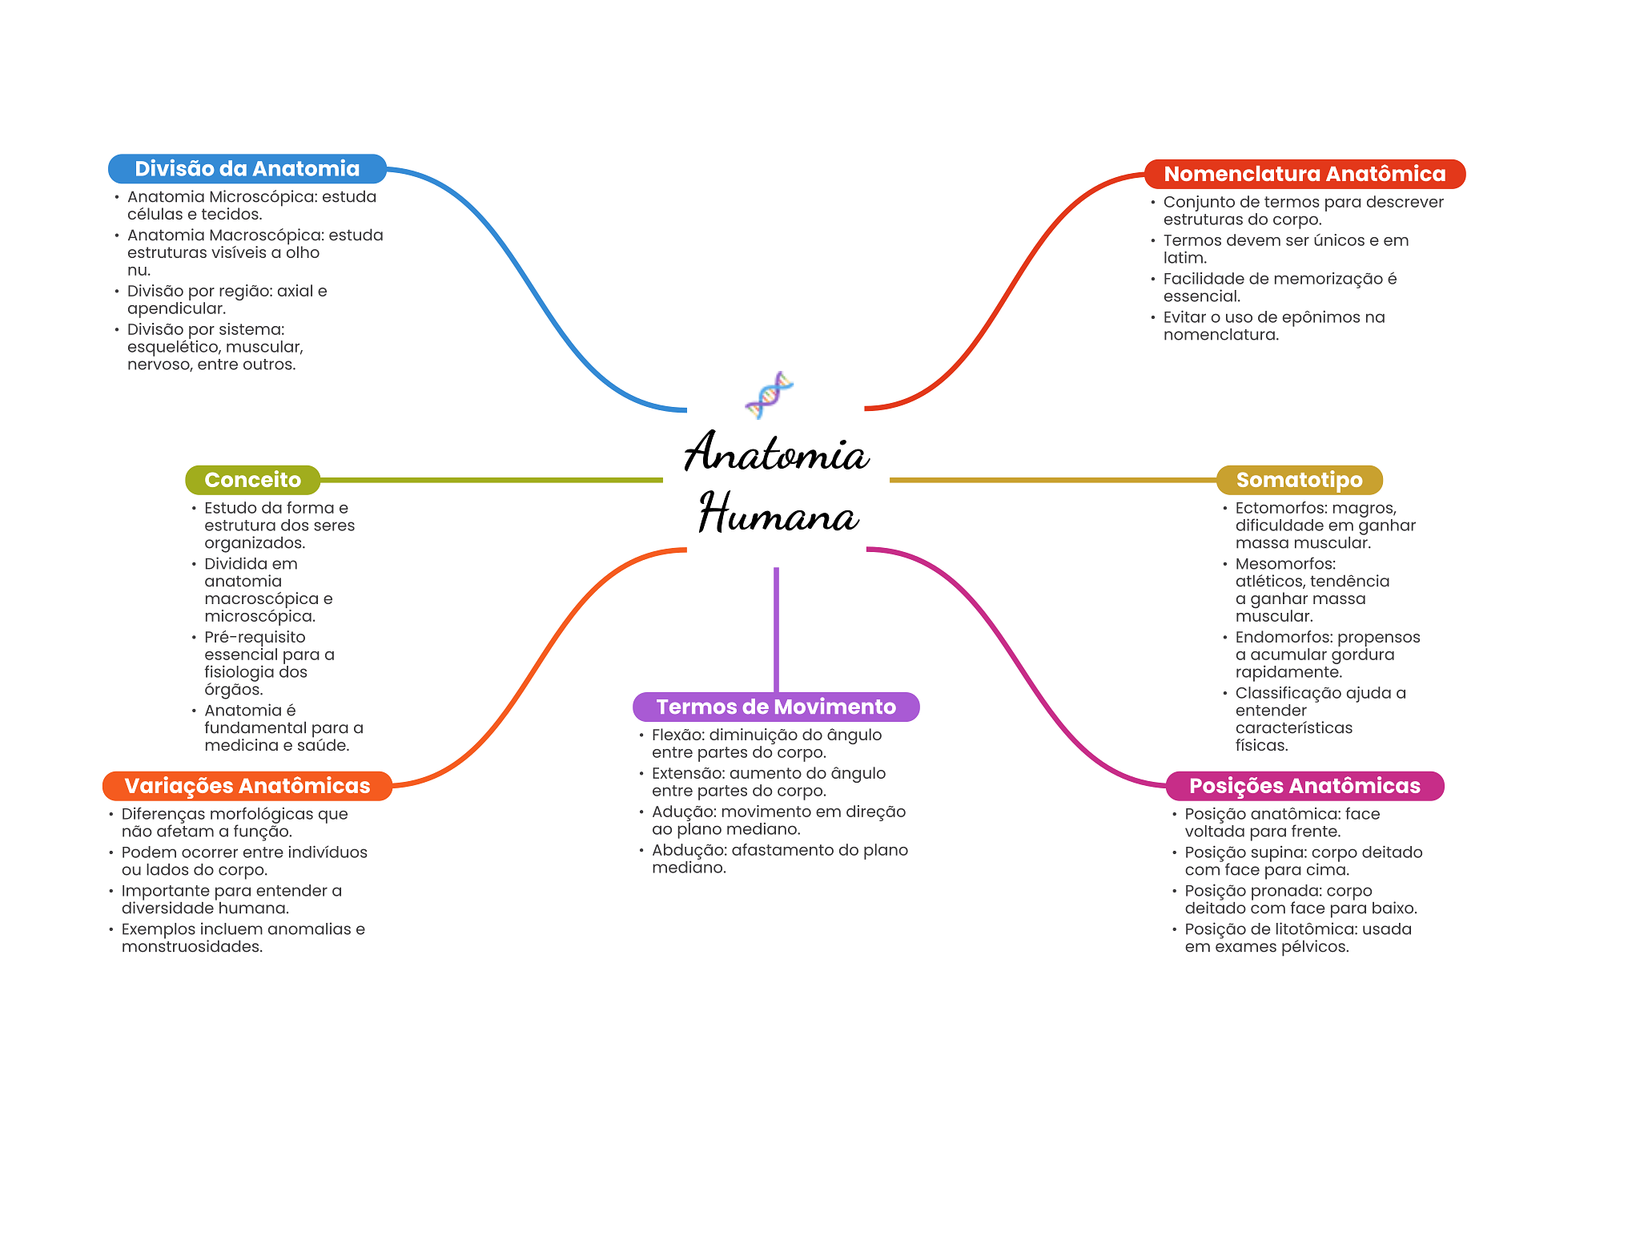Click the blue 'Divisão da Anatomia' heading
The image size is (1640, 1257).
(x=247, y=169)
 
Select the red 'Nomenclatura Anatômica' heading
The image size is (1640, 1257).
(x=1304, y=174)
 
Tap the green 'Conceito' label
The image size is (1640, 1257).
(x=252, y=480)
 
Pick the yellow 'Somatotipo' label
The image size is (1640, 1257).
(x=1299, y=480)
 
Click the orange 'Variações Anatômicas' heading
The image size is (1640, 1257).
(x=247, y=786)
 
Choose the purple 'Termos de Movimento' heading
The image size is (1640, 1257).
(x=776, y=707)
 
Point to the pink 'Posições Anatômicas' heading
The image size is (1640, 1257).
(x=1304, y=786)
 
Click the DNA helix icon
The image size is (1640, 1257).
(x=770, y=394)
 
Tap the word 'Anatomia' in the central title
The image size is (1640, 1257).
(x=776, y=453)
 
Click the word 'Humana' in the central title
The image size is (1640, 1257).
(x=778, y=514)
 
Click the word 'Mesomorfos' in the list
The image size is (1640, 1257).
(x=1284, y=564)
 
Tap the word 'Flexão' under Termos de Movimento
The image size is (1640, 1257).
(x=677, y=735)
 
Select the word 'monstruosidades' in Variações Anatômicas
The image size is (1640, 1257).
(x=192, y=947)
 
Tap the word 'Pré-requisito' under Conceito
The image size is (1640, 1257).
(x=255, y=638)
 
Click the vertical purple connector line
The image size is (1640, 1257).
(x=776, y=629)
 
